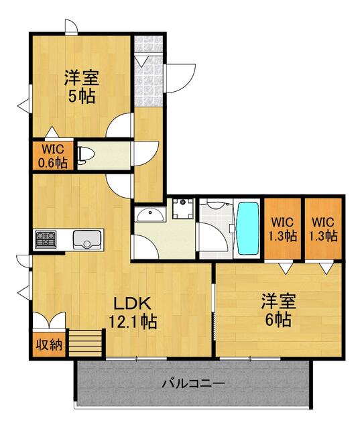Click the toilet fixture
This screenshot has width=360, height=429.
pos(85,156)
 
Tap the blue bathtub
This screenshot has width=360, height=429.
pos(247,228)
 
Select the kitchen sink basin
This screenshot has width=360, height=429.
pos(87,240)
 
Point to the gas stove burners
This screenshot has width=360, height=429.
pos(46,239)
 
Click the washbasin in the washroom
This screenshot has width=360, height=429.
pos(151,215)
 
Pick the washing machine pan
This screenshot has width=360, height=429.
pos(183,208)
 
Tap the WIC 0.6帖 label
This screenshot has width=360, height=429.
pos(53,156)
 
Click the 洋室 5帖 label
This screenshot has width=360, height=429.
pos(82,86)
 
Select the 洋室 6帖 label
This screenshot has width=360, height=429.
pos(278,310)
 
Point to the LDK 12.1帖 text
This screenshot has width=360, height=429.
pos(133,313)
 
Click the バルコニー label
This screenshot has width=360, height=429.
pos(193,383)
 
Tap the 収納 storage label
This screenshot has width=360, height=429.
pos(49,345)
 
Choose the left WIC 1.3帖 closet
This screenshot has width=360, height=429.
pos(283,229)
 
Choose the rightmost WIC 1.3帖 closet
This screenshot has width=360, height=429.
pos(323,229)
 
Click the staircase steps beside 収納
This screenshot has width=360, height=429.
pos(85,343)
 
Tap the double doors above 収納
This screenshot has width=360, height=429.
pos(49,320)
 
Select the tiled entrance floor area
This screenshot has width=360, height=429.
pos(149,71)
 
